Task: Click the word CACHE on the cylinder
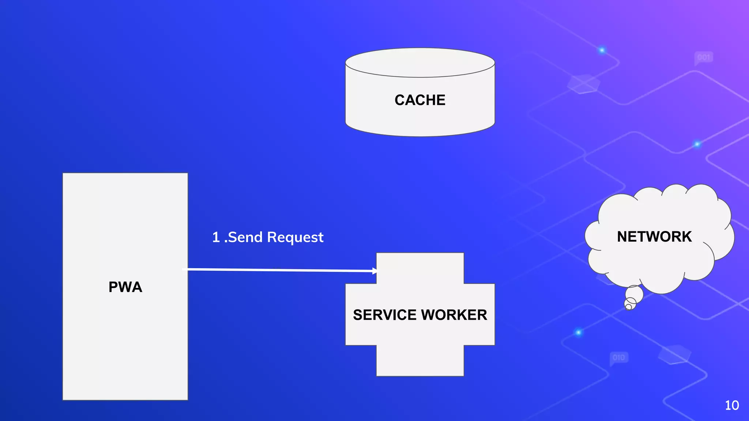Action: (420, 100)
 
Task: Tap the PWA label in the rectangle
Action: (125, 287)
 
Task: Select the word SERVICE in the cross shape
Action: (385, 315)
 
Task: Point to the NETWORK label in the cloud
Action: (654, 237)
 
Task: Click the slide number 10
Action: (732, 405)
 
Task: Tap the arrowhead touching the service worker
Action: (374, 271)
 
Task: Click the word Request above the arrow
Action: (295, 238)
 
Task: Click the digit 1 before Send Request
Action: (216, 237)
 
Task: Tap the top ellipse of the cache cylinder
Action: (420, 62)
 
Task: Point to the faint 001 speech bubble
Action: (703, 58)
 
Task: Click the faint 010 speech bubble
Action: (619, 357)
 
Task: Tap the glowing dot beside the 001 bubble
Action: (602, 50)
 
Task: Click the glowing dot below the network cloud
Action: (579, 332)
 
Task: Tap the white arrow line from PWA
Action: (278, 270)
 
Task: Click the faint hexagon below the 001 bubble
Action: (584, 84)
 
